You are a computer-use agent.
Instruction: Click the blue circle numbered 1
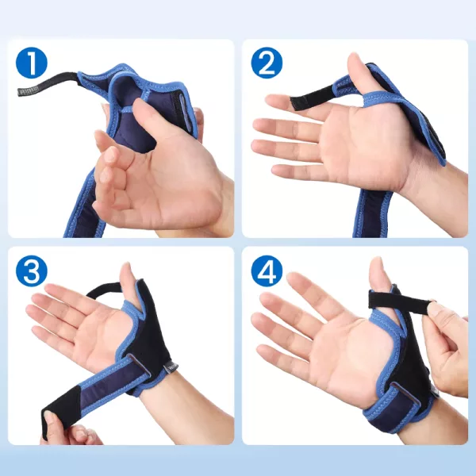click(32, 63)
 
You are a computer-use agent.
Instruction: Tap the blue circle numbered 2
click(267, 63)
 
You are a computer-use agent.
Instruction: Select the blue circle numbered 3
click(32, 271)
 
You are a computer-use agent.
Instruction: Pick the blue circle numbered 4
click(267, 271)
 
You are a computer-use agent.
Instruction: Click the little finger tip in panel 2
click(277, 170)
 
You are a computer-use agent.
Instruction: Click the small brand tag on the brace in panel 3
click(171, 368)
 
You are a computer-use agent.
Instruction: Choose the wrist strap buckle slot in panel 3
click(140, 364)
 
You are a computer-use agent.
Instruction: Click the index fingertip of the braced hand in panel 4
click(292, 278)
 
